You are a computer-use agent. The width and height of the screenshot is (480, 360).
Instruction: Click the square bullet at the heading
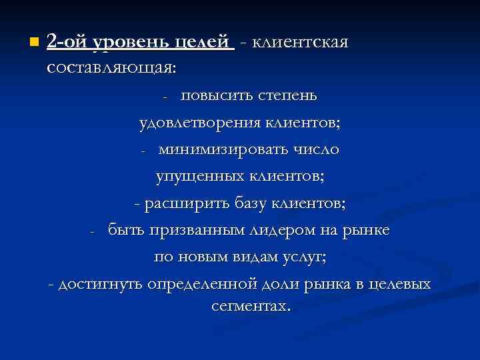point(33,43)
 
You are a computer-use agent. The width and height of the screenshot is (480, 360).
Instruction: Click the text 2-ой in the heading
point(67,43)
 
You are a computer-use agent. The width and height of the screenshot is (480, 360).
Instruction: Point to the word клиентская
point(301,43)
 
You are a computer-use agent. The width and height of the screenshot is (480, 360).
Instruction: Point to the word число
point(316,149)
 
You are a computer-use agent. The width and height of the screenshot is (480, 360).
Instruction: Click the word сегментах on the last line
point(249,307)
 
